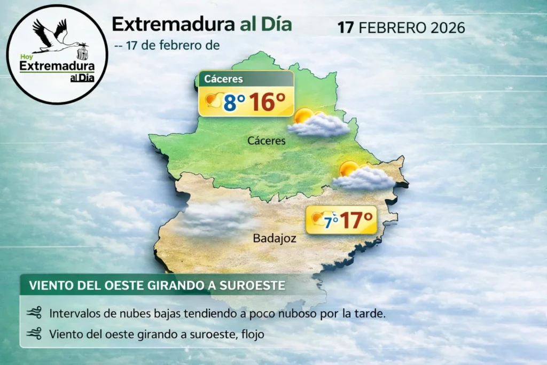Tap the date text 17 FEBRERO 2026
click(x=401, y=27)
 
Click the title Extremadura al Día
click(x=201, y=24)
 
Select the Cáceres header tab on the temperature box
click(x=224, y=79)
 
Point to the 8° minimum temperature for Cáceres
click(x=234, y=103)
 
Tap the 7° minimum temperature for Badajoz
click(x=332, y=220)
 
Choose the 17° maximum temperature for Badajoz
click(x=356, y=220)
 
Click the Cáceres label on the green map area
click(x=267, y=141)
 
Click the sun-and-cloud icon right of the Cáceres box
click(x=318, y=123)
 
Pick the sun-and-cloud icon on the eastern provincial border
click(x=363, y=176)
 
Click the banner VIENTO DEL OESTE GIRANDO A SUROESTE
click(x=157, y=285)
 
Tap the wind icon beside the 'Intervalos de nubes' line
click(x=34, y=313)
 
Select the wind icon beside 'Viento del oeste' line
click(x=34, y=335)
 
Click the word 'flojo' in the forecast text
click(x=253, y=335)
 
